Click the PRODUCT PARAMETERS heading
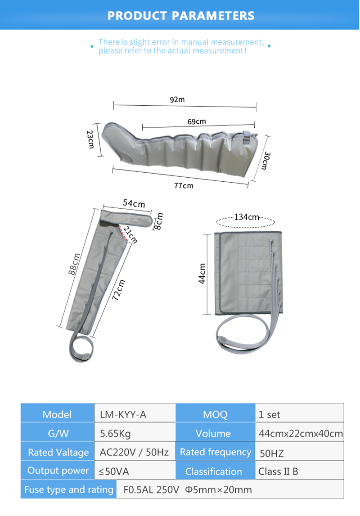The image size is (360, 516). click(x=180, y=15)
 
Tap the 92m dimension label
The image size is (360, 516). click(x=177, y=99)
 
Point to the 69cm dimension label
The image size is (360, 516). click(x=197, y=121)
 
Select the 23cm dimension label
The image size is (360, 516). click(x=90, y=139)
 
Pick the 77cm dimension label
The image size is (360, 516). click(x=184, y=186)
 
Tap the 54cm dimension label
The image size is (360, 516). click(x=134, y=203)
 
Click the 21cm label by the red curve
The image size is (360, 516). click(x=130, y=235)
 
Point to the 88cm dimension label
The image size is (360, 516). click(x=74, y=264)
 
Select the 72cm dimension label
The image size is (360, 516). click(x=119, y=290)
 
